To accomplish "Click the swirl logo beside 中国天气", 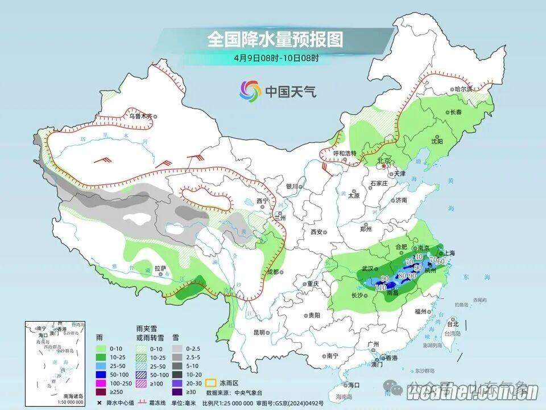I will point(250,90).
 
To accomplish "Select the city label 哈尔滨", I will point(464,89).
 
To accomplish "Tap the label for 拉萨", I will point(160,268).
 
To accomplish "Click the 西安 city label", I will point(317,232).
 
